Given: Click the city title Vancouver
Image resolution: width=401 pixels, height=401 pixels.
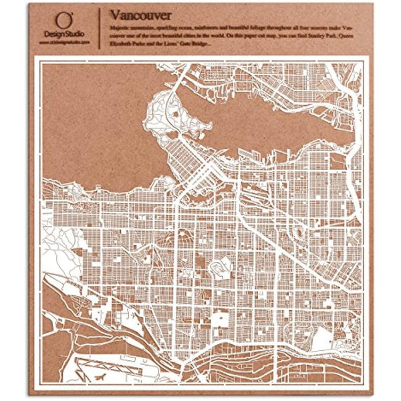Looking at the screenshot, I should click(x=140, y=14).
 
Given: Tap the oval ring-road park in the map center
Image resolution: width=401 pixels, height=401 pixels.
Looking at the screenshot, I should click(x=219, y=268).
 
